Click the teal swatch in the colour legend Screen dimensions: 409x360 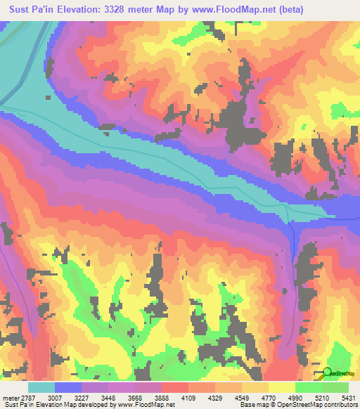pyautogui.click(x=41, y=387)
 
